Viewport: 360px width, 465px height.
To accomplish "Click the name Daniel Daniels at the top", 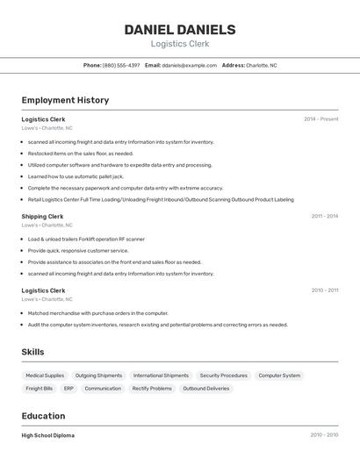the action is (180, 29).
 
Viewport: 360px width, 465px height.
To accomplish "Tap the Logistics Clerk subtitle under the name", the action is (180, 44).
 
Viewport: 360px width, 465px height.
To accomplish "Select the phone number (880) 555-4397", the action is (121, 65).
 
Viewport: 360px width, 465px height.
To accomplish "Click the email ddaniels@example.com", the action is (190, 65).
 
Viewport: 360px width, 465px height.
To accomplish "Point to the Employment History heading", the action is (65, 100).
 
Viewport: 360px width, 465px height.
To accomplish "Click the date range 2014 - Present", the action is (321, 118).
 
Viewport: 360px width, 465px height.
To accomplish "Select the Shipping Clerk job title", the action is (42, 216).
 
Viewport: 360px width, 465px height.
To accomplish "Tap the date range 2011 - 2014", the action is (324, 216).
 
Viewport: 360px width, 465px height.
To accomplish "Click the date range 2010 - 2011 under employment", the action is (324, 290).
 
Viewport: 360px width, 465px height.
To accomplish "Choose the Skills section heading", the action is (33, 352).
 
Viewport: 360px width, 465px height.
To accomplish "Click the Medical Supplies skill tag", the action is (45, 376).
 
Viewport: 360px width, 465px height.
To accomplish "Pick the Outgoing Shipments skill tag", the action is (98, 376).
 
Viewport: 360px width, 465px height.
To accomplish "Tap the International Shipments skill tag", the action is (161, 376).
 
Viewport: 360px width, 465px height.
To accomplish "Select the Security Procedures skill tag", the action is (223, 376).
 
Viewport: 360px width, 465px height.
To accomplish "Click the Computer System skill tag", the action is (279, 376).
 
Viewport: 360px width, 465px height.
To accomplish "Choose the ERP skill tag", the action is (68, 389).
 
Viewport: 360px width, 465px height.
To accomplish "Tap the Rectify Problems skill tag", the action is (152, 389).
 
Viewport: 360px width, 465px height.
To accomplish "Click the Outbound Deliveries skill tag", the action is (205, 389).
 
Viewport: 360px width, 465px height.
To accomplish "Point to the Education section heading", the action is (43, 416).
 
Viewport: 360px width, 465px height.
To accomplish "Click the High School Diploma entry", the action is (48, 435).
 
